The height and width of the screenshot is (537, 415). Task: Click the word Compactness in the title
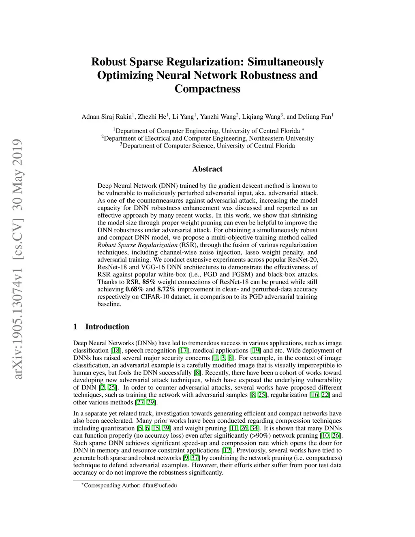[207, 89]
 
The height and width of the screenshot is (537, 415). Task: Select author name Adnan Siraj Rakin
[107, 117]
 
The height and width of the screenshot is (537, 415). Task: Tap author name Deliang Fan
[314, 117]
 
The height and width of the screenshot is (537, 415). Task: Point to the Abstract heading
[207, 169]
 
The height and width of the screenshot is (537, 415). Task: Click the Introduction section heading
[107, 327]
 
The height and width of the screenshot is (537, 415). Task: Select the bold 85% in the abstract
[149, 282]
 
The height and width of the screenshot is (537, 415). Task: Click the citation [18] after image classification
[116, 351]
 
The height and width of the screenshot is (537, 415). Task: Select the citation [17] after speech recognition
[184, 351]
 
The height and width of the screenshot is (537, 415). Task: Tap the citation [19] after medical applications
[256, 351]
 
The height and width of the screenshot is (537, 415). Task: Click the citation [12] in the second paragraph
[227, 451]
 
